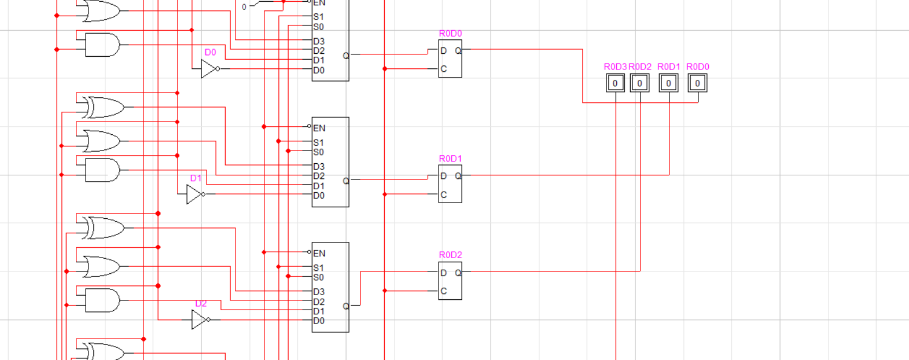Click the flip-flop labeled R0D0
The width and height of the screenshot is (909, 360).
click(450, 59)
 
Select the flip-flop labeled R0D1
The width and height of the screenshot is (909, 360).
click(450, 184)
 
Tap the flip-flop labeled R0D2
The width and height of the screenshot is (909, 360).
click(450, 281)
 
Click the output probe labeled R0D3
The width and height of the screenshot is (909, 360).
click(615, 83)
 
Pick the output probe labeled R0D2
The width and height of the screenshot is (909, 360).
click(639, 83)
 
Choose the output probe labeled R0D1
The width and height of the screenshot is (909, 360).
click(668, 83)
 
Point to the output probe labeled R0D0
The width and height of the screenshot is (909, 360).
click(697, 83)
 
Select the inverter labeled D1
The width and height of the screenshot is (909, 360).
click(195, 194)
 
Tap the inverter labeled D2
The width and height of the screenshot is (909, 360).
click(200, 319)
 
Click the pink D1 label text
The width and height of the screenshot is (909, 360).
click(196, 178)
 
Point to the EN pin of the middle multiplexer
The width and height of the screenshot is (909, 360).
click(319, 128)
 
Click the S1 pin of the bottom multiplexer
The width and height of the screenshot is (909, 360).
click(318, 268)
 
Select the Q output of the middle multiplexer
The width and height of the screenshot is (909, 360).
click(345, 181)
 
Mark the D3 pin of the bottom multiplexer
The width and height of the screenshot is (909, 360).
click(319, 292)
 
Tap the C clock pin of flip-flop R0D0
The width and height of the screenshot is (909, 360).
click(443, 69)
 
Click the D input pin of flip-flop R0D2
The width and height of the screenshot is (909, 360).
click(443, 273)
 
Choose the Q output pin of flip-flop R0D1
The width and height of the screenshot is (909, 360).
click(458, 176)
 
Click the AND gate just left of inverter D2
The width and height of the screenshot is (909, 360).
click(102, 300)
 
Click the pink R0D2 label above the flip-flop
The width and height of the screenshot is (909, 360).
click(450, 255)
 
